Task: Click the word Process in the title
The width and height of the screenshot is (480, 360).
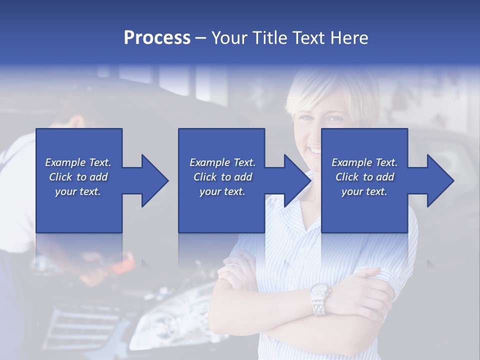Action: click(157, 38)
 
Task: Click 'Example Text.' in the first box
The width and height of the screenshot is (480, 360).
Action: click(78, 162)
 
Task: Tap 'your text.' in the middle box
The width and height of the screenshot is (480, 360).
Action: click(222, 191)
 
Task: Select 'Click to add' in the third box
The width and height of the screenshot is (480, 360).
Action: click(364, 177)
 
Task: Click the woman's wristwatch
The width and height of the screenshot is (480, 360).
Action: click(319, 298)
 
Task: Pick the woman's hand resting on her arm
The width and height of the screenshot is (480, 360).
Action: click(365, 280)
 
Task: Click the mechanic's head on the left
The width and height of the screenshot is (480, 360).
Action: click(75, 122)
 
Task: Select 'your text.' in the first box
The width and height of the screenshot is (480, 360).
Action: click(78, 191)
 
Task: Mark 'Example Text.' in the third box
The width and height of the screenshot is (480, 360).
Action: click(364, 162)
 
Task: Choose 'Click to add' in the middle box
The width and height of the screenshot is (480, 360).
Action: click(222, 177)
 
